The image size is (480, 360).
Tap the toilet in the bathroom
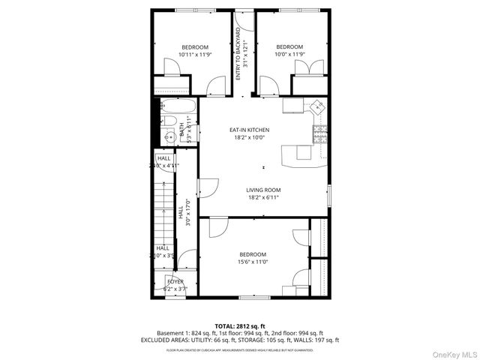(x=169, y=121)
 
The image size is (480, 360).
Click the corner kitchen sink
(x=318, y=108)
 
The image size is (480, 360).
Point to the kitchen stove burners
(x=320, y=136)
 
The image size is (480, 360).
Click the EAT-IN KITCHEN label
(x=249, y=130)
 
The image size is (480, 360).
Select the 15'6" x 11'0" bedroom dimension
(x=253, y=262)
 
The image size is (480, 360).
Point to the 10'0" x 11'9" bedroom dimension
(x=289, y=54)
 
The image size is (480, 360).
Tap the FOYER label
(x=175, y=281)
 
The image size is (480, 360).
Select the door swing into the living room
(x=210, y=188)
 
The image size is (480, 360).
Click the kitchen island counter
(x=298, y=154)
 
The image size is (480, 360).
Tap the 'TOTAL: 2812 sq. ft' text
(x=239, y=325)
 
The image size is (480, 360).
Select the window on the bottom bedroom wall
(x=250, y=298)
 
